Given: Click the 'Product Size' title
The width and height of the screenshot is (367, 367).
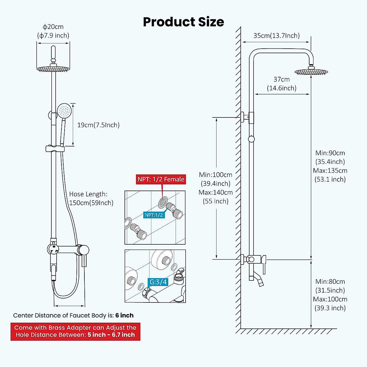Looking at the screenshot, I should tap(183, 22).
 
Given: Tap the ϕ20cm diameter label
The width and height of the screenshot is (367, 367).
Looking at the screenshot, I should tap(53, 27).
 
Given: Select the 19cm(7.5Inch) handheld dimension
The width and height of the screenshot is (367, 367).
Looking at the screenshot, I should tap(98, 125).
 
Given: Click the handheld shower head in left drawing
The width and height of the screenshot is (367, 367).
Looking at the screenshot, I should tap(64, 110).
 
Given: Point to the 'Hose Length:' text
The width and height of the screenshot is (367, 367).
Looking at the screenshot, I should tap(88, 194).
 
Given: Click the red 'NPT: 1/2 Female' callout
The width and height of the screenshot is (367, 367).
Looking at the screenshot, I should tap(161, 179).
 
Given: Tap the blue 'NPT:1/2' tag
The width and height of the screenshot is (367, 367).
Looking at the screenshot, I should tap(154, 215).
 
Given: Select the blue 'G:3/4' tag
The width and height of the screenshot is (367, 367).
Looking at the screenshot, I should tap(158, 282).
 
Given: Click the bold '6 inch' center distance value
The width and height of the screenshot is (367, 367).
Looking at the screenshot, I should tap(124, 315).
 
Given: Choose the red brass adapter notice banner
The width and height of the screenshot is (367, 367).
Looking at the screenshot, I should tap(75, 331).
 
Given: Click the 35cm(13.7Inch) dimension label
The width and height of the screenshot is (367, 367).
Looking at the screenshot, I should tap(276, 35).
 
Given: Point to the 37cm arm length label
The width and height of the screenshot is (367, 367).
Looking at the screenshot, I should tap(281, 79).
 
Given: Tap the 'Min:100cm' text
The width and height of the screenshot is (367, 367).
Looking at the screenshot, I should tap(216, 175).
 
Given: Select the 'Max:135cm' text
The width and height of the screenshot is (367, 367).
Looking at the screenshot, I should tap(330, 170).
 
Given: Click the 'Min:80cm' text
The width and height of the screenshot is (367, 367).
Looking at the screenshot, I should tap(330, 281).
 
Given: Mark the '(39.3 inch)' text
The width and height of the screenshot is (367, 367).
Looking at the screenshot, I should tap(330, 308).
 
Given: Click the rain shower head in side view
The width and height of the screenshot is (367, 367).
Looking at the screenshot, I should tap(311, 72).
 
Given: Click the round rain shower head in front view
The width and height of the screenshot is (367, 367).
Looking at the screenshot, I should tap(54, 69).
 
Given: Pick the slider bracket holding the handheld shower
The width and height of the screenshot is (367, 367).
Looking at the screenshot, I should tap(55, 149).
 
